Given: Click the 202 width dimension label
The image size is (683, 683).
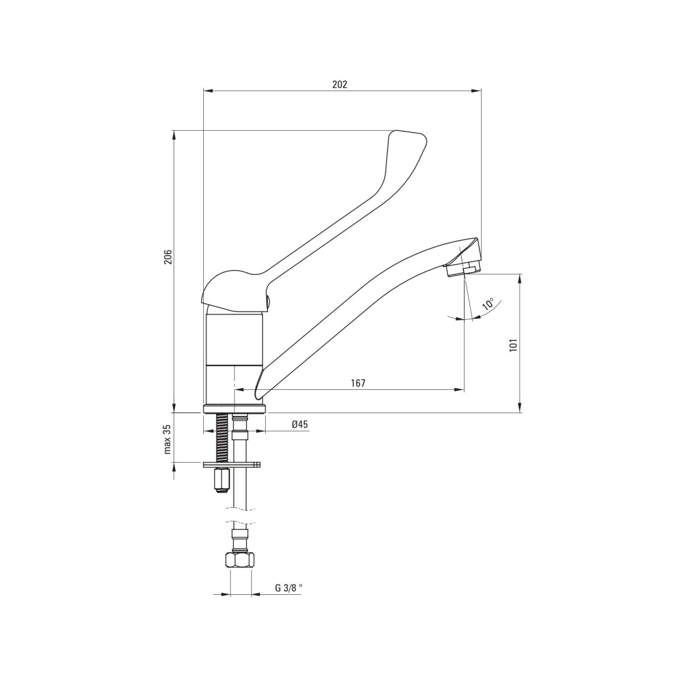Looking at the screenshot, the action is click(x=340, y=84).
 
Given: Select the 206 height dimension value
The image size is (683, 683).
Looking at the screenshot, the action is click(x=168, y=257).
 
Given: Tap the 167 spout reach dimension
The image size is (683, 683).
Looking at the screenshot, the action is click(x=358, y=383).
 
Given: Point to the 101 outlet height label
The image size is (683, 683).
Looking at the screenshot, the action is click(x=513, y=345).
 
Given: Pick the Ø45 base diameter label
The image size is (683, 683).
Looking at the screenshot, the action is click(x=300, y=424).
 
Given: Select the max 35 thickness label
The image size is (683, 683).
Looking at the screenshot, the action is click(x=168, y=439).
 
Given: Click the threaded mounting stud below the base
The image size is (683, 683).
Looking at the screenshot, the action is click(x=221, y=438).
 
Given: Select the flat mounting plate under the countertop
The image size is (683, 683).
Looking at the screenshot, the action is click(x=232, y=464).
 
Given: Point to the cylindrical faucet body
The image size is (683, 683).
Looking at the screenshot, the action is click(x=235, y=358).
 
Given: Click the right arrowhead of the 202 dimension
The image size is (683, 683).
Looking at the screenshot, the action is click(x=477, y=91).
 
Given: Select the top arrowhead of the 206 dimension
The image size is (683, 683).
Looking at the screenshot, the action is click(x=174, y=135).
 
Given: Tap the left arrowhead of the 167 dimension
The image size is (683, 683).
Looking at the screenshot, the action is click(x=239, y=390).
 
